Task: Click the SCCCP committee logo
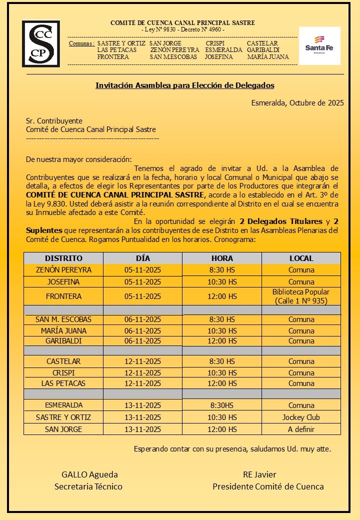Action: pos(41,43)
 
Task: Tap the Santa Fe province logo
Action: pos(319,45)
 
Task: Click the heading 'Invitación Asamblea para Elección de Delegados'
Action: pos(185,85)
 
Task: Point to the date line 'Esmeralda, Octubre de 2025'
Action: pos(297,103)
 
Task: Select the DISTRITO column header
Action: pos(63,258)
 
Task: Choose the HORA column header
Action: pos(222,258)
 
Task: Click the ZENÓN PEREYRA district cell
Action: pos(63,270)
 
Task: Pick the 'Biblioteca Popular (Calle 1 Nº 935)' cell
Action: pos(301,296)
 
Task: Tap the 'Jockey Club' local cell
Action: pos(301,417)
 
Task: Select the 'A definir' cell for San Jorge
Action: pos(301,429)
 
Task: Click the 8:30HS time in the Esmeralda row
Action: pos(222,405)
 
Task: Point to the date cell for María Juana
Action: pos(142,330)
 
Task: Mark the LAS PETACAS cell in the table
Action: pos(63,383)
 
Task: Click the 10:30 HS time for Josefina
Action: pos(222,282)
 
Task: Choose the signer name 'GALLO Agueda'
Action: pos(89,474)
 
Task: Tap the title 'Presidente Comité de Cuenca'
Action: pos(268,486)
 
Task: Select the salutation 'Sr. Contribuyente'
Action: pos(54,121)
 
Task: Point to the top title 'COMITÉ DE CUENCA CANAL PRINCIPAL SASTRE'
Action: pos(182,23)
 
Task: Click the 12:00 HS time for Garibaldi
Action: pos(222,341)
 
